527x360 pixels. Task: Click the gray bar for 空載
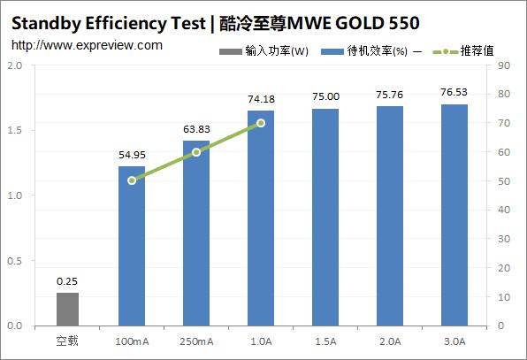[67, 309]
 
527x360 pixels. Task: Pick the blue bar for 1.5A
[325, 217]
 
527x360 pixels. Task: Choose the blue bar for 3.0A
[454, 215]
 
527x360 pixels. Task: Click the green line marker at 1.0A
[261, 123]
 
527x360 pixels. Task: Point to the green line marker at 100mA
[132, 180]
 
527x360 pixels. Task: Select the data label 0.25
[67, 282]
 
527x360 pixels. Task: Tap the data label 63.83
[196, 131]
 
